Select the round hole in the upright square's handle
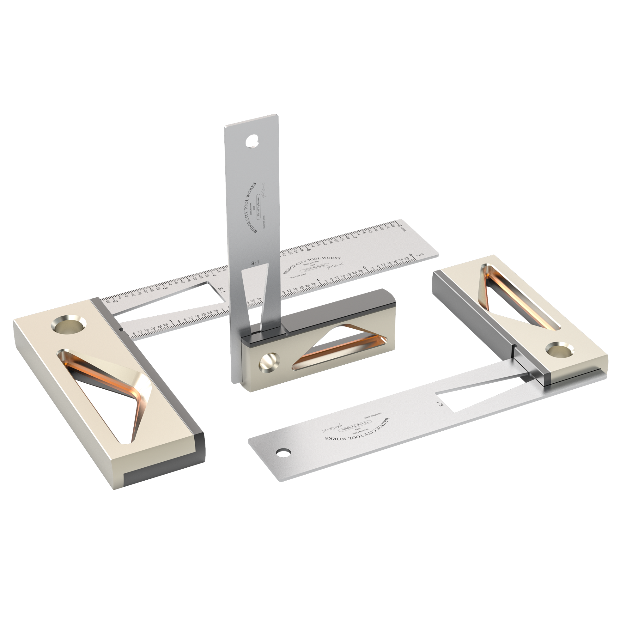[269, 362]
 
